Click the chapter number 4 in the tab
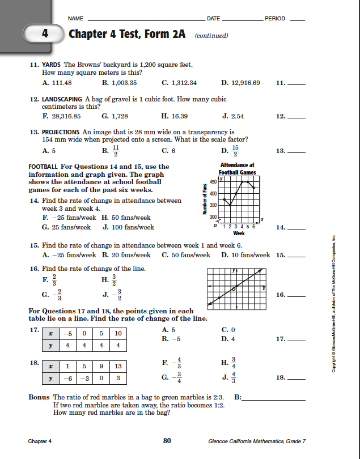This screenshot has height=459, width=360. click(45, 34)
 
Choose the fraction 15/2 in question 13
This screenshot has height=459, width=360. click(236, 151)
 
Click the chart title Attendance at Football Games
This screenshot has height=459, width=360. click(237, 168)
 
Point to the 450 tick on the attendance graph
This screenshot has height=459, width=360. click(213, 181)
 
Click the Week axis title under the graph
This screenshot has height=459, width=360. click(239, 232)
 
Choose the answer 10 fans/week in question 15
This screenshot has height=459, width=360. click(249, 255)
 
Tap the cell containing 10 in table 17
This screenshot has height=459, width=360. click(117, 333)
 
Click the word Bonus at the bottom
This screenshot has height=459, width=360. click(39, 397)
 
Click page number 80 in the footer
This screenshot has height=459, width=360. click(167, 440)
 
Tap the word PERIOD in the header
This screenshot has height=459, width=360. click(275, 19)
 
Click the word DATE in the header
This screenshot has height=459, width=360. click(214, 19)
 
